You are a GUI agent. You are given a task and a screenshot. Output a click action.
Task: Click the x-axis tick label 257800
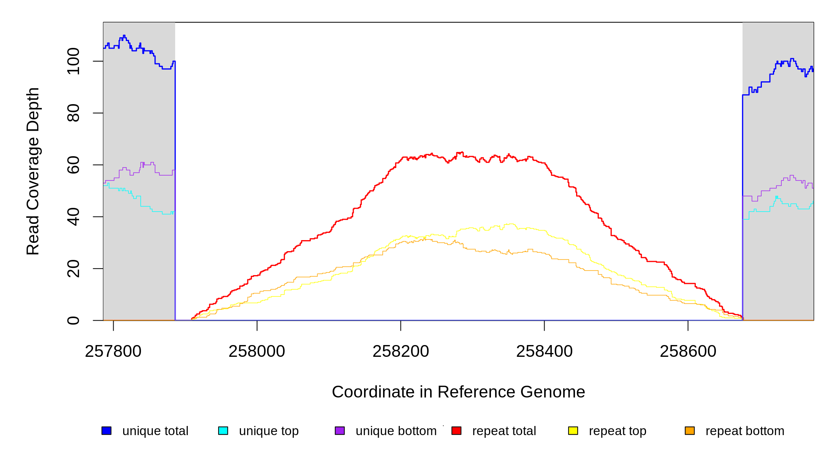tap(113, 351)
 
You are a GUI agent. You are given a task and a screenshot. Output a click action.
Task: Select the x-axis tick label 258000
tap(256, 351)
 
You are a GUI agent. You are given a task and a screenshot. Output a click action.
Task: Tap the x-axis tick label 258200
tap(401, 351)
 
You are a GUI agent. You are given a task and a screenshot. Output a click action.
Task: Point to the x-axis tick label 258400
tap(544, 351)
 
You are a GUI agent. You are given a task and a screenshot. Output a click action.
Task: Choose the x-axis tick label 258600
tap(688, 351)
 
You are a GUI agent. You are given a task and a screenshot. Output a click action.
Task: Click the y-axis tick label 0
tap(73, 320)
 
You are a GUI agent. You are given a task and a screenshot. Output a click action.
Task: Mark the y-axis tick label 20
tap(73, 269)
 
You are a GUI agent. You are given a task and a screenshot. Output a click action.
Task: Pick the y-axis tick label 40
tap(73, 217)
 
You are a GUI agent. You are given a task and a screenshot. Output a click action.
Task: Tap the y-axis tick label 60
tap(73, 165)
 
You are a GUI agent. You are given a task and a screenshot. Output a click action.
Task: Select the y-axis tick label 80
tap(73, 113)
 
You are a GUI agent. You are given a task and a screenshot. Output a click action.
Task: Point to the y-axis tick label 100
tap(73, 61)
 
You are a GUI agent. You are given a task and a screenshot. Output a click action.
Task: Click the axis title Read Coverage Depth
tap(33, 171)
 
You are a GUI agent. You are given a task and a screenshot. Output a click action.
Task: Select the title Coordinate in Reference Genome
tap(458, 392)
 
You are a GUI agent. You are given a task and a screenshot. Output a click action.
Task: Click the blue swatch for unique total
tap(106, 431)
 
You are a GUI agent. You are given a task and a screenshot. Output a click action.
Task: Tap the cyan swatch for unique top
tap(223, 431)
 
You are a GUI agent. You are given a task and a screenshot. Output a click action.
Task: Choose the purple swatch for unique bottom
tap(340, 431)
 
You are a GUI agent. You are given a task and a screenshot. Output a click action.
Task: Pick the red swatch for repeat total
tap(456, 431)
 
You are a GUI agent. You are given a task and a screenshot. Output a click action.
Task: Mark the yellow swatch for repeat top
tap(573, 431)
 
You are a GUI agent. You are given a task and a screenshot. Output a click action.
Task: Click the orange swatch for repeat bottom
tap(690, 431)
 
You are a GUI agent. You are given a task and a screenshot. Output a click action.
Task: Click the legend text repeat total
tap(504, 431)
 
